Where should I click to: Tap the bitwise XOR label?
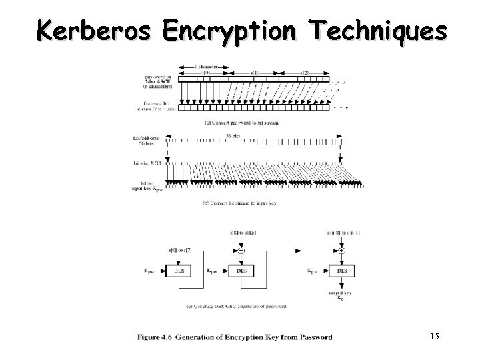coord(147,163)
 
